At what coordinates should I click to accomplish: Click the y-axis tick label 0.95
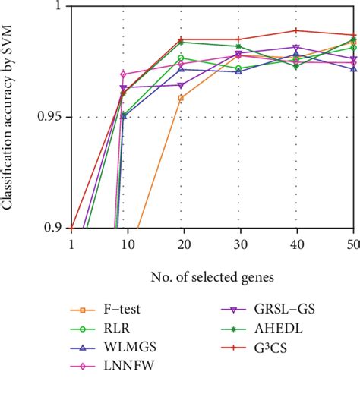point(52,118)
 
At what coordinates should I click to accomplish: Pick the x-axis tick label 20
point(181,244)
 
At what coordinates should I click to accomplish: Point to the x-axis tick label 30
point(238,244)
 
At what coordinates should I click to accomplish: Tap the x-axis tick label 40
point(296,244)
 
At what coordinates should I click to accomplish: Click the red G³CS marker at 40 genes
point(296,30)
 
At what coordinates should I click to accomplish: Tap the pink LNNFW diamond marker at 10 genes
point(123,74)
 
